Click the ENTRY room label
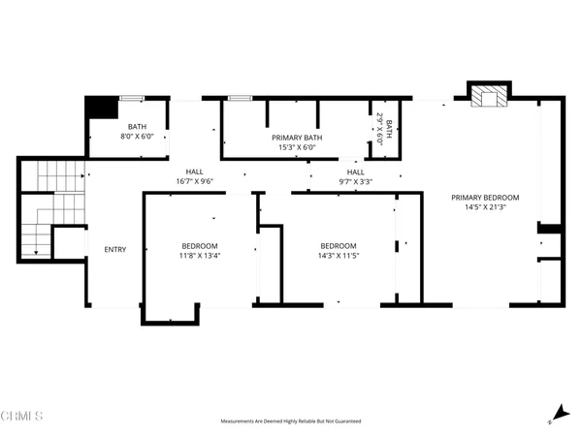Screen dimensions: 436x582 pos(114,250)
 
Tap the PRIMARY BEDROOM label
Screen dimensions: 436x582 pos(485,197)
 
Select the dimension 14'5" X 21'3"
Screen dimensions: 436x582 pos(485,206)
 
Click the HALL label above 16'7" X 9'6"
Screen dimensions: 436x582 pos(195,171)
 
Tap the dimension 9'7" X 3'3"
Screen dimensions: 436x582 pos(355,181)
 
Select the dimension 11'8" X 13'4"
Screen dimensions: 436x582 pos(200,256)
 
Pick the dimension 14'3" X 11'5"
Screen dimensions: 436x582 pos(339,256)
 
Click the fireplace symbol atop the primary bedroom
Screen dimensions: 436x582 pos(487,95)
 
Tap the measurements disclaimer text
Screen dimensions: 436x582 pos(291,421)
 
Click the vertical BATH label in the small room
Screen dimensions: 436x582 pos(389,127)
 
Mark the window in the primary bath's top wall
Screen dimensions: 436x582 pos(240,98)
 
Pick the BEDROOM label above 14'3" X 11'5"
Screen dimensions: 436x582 pos(339,245)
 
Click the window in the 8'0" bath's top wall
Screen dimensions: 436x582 pos(133,98)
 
